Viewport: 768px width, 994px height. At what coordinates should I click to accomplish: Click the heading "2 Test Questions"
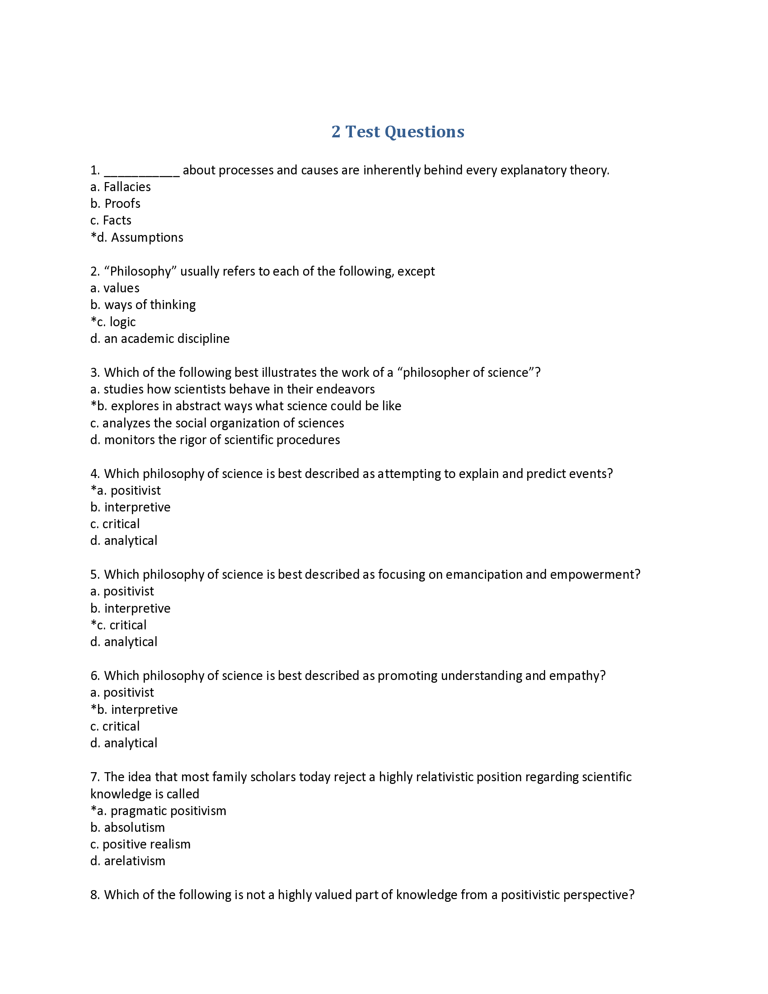point(398,131)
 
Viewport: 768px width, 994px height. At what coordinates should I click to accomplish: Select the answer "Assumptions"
point(147,238)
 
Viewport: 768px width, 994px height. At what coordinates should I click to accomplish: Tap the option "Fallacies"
point(127,187)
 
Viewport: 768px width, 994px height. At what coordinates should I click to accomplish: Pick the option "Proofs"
point(122,203)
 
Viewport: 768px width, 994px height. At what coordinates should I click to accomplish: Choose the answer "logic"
point(122,322)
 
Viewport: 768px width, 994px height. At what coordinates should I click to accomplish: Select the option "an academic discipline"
point(167,338)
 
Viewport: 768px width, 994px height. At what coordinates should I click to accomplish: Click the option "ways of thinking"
point(150,305)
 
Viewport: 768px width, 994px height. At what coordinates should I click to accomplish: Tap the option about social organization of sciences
point(223,423)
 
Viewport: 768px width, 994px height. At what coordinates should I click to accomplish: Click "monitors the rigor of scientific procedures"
point(221,440)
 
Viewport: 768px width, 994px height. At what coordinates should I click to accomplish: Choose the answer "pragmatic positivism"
point(169,811)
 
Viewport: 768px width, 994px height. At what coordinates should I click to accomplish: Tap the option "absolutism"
point(134,828)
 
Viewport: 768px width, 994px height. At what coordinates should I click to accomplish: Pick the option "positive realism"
point(146,845)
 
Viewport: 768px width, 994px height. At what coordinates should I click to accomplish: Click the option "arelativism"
point(134,861)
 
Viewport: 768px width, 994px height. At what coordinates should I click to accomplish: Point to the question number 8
point(94,895)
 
